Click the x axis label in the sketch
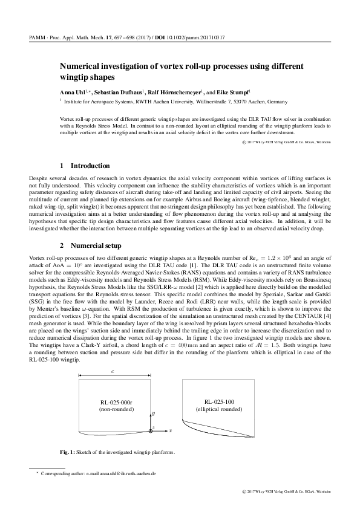coord(171,430)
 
